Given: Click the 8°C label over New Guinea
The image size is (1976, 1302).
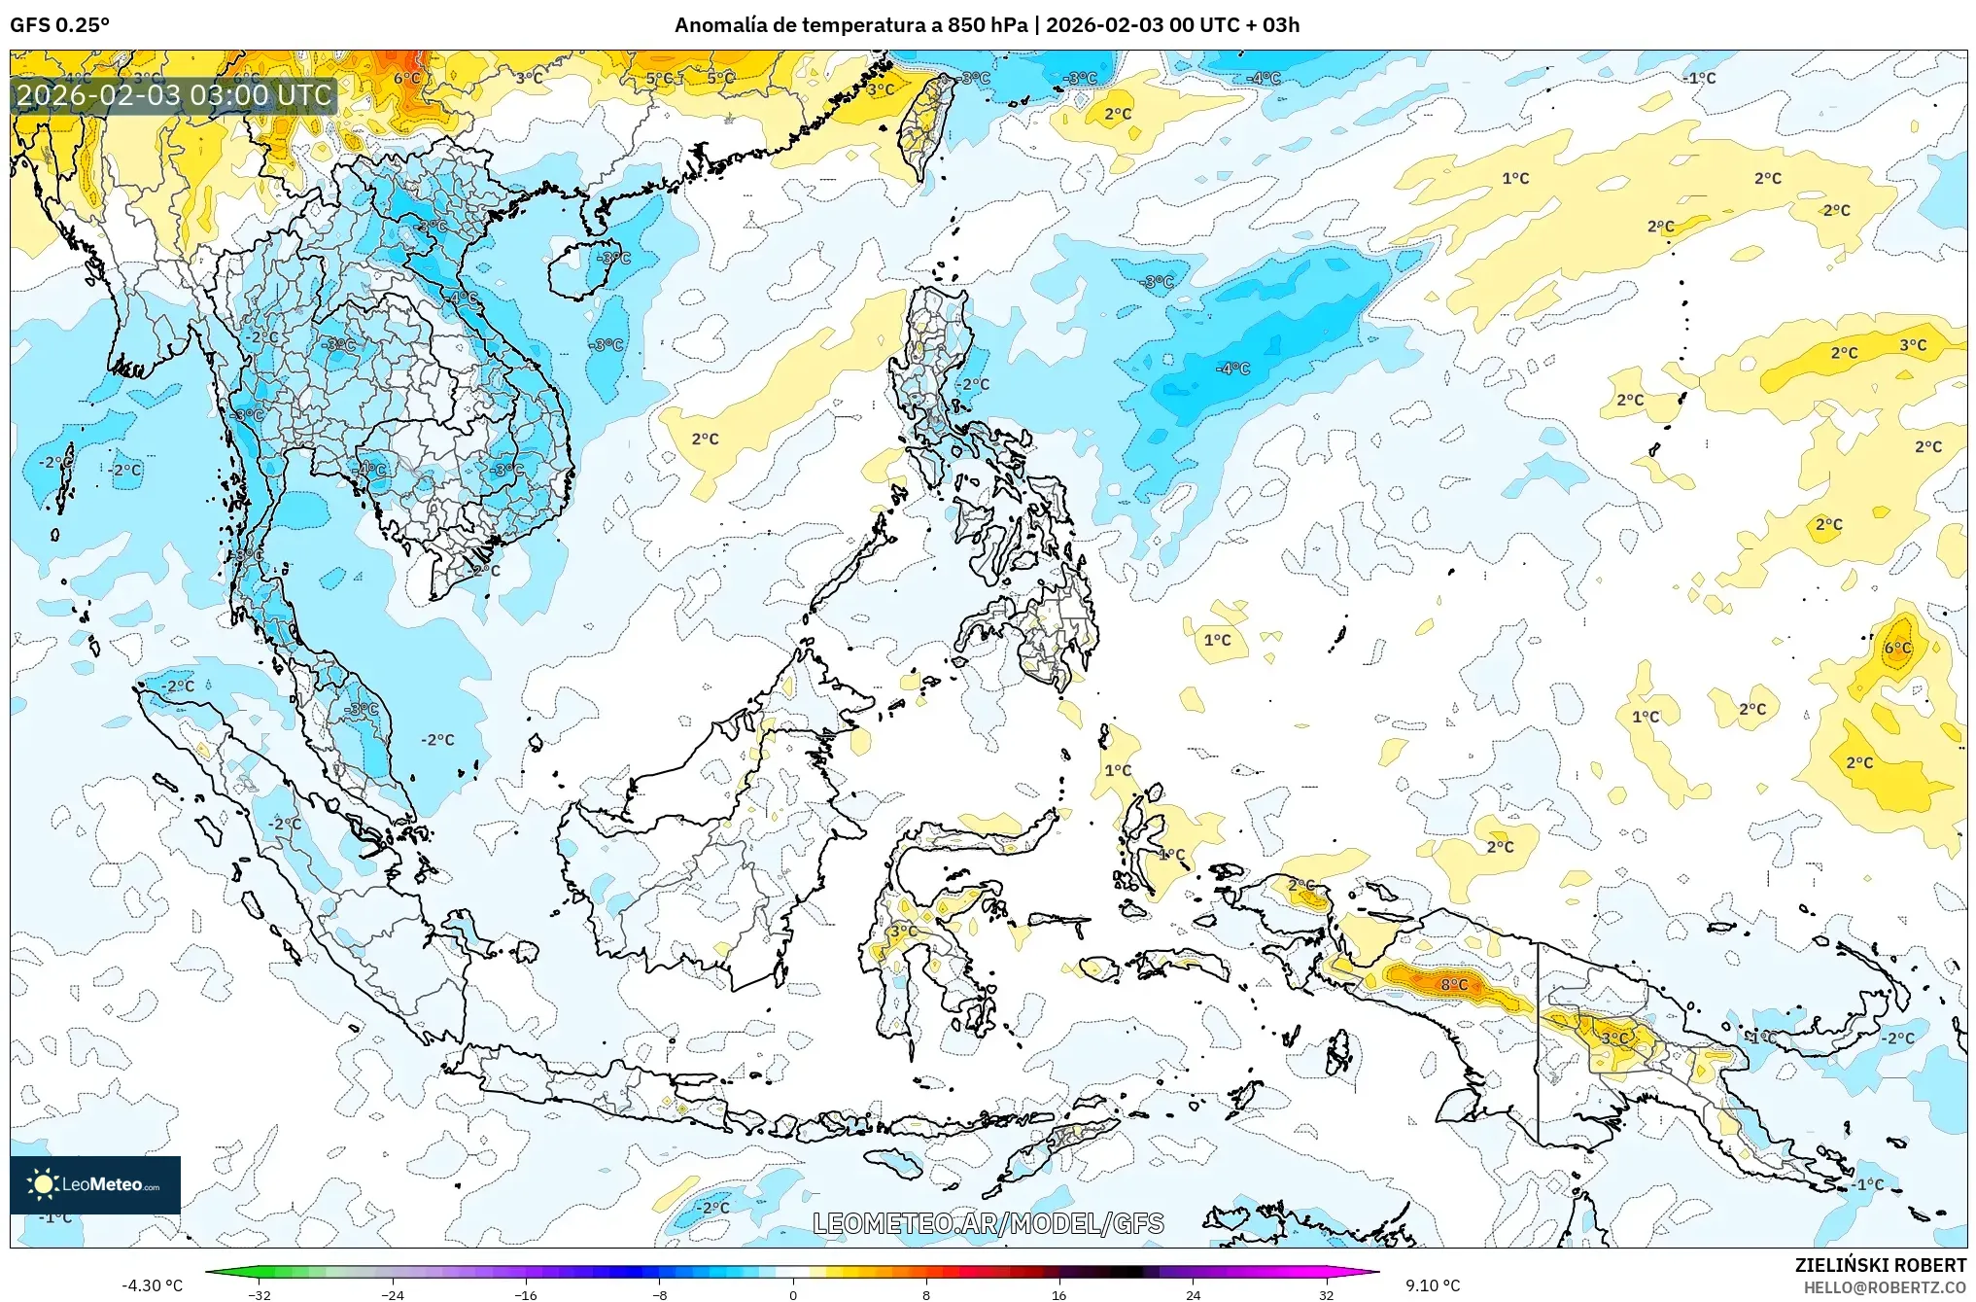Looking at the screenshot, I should click(1454, 984).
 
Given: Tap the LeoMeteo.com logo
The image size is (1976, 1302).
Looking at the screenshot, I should click(95, 1184).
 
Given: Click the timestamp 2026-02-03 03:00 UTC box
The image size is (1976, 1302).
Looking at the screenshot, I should click(175, 95).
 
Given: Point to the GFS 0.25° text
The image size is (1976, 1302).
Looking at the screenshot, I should click(60, 25).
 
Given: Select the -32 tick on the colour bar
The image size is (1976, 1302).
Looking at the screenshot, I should click(260, 1294).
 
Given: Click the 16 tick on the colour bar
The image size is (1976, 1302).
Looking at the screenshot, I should click(1059, 1294).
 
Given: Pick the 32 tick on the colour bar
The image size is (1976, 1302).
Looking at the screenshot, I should click(1326, 1294).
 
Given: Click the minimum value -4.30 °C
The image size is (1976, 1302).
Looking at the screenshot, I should click(152, 1285).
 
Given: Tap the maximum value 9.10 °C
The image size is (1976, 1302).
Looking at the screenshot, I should click(1433, 1285).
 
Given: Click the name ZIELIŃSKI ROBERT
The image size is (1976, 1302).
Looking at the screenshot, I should click(1880, 1265).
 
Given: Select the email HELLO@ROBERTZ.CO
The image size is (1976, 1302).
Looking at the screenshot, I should click(1885, 1287).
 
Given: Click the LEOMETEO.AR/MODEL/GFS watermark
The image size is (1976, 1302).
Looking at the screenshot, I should click(988, 1223).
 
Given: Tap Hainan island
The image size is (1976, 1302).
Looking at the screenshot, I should click(581, 268).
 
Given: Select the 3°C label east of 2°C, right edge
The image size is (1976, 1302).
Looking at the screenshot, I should click(1913, 345).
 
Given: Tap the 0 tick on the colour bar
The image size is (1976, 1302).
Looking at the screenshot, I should click(793, 1294).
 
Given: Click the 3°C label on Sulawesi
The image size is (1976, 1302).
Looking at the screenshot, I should click(903, 931).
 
